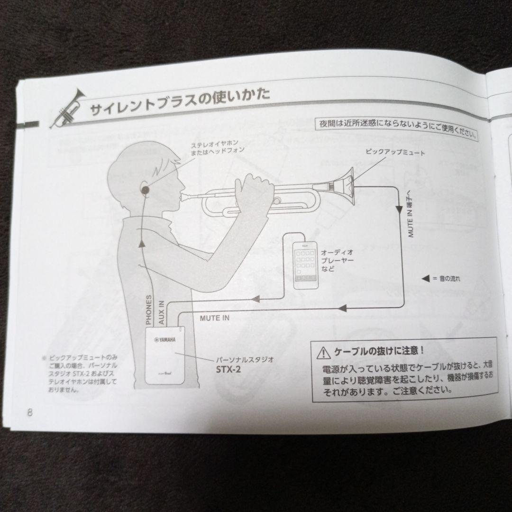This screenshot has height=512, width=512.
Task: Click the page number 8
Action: [x=29, y=411]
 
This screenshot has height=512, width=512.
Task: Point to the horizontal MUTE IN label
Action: [x=214, y=318]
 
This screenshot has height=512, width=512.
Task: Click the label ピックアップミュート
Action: [x=395, y=153]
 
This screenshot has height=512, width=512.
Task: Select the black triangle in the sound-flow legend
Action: [x=425, y=278]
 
